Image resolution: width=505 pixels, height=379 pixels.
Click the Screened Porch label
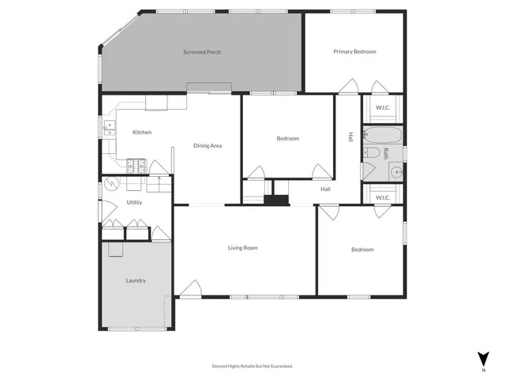202,52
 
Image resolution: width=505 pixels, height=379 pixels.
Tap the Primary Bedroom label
354,51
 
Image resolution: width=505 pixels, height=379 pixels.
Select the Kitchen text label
142,132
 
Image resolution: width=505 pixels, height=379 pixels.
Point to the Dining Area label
208,145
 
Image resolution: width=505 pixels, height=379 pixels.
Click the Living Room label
243,248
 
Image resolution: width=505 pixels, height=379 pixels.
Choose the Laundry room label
136,280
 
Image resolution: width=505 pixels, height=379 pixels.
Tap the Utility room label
134,203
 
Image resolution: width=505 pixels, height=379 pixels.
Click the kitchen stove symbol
137,166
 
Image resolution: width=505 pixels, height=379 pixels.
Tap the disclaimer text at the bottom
252,366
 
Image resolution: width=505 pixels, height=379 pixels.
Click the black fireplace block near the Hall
276,200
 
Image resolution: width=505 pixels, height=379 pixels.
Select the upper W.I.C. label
383,107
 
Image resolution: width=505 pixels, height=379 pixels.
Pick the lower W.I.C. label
383,197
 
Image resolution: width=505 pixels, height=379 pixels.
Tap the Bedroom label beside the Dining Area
287,138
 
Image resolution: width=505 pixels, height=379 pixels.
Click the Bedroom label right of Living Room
362,250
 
